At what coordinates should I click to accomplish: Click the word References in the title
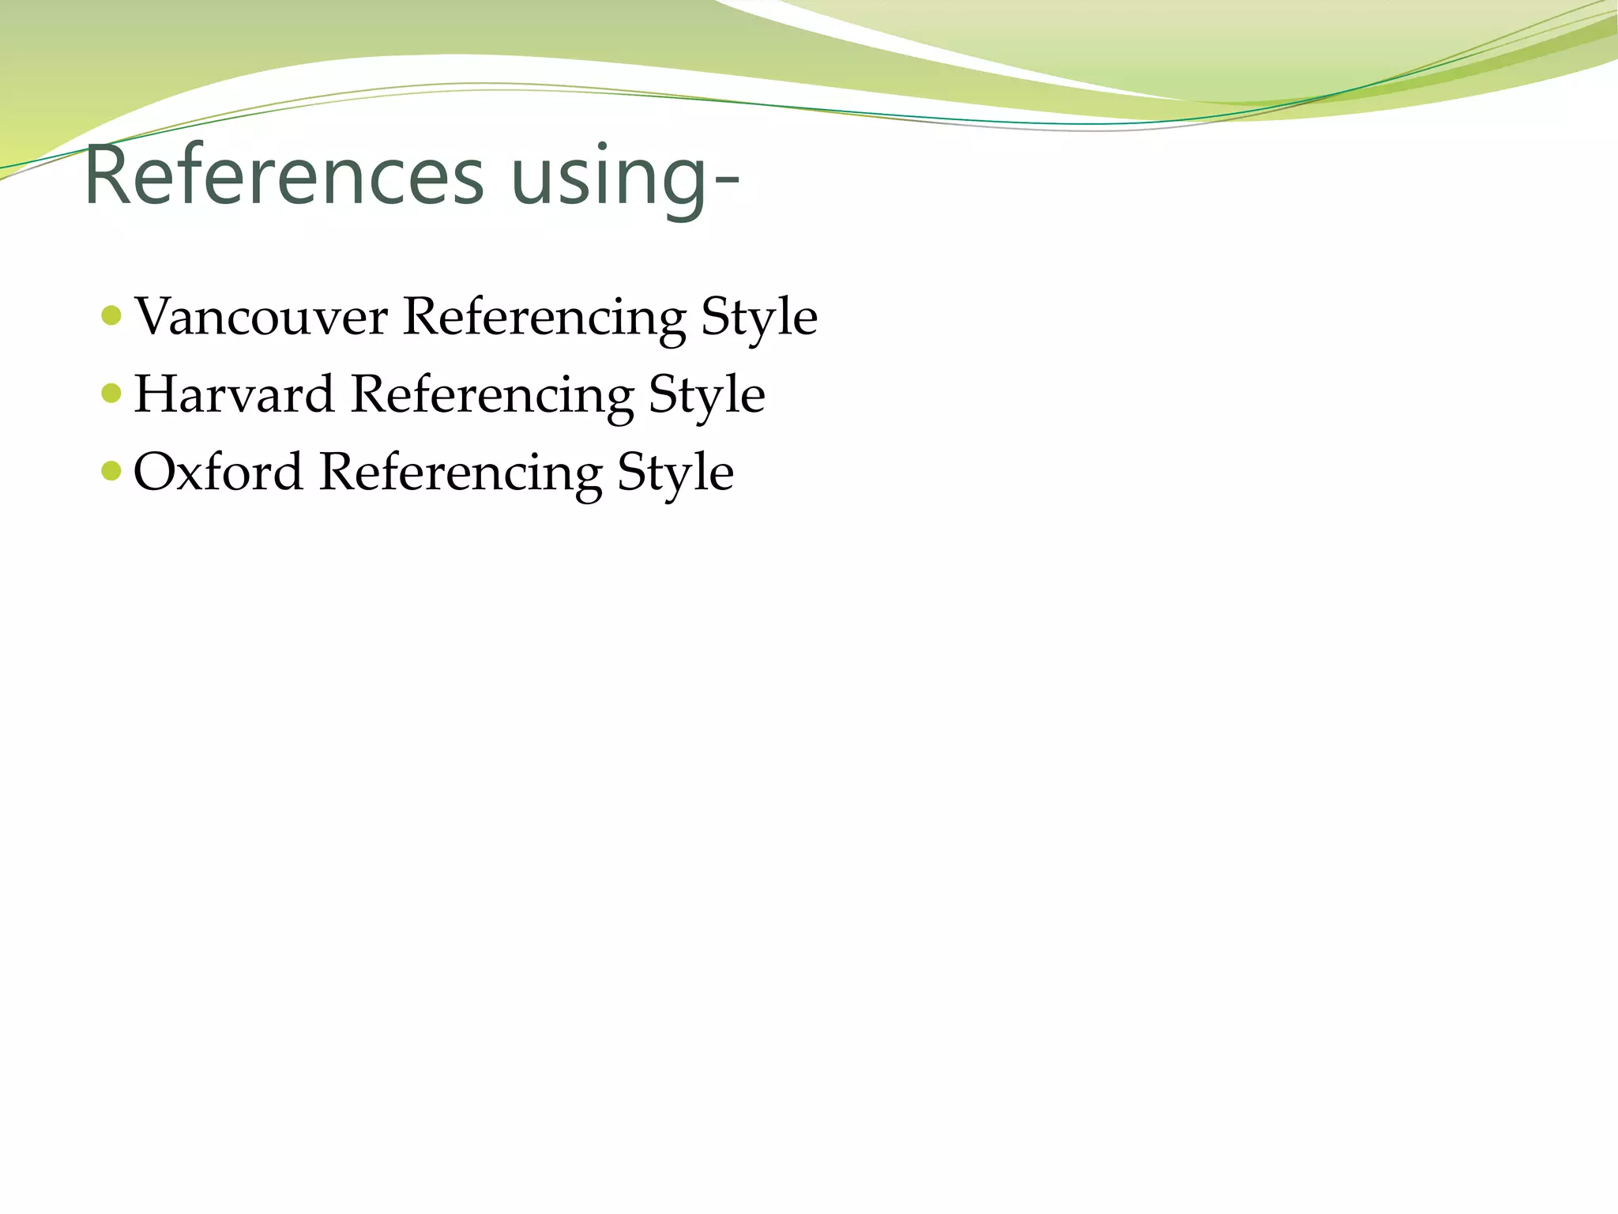tap(283, 175)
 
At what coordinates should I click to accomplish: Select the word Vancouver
tap(261, 317)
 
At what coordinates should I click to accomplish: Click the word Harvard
tap(234, 394)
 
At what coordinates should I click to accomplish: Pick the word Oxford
tap(218, 472)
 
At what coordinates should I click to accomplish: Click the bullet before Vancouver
tap(112, 316)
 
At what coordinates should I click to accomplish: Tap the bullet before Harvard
tap(112, 393)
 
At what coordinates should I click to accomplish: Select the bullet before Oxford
tap(112, 471)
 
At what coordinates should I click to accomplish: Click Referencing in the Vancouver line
tap(544, 317)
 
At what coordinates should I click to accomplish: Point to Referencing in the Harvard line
tap(491, 394)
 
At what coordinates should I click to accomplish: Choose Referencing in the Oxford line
tap(461, 472)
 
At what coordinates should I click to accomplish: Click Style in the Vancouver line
tap(758, 317)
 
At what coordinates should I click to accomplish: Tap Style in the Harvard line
tap(706, 394)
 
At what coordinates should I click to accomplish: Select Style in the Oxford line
tap(675, 472)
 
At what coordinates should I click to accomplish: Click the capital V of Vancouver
tap(157, 316)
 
